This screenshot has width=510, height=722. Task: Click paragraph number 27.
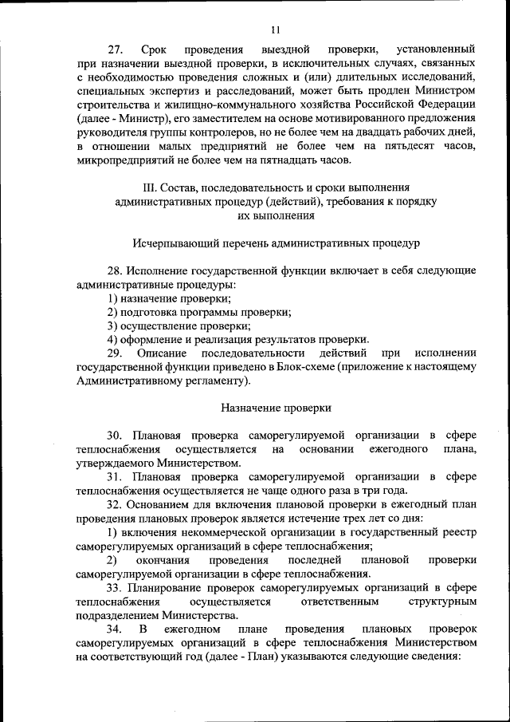[x=117, y=49]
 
